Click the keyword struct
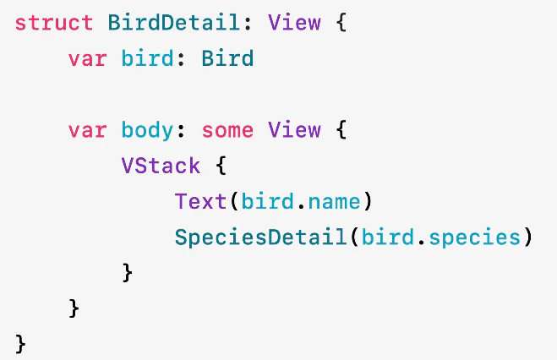[54, 23]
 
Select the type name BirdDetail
[174, 22]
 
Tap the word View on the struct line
[294, 23]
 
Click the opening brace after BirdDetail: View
[341, 23]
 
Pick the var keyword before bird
[87, 59]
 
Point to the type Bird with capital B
[227, 58]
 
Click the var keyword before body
[87, 131]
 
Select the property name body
[147, 131]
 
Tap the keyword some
[227, 131]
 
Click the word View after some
[294, 130]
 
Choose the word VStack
[161, 166]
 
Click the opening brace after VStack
[221, 166]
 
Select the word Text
[200, 201]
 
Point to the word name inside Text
[335, 202]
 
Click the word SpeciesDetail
[260, 237]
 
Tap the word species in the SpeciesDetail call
[475, 237]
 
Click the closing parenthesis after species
[528, 237]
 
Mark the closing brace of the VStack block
[127, 273]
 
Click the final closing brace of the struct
[20, 344]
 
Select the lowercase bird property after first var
[147, 58]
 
